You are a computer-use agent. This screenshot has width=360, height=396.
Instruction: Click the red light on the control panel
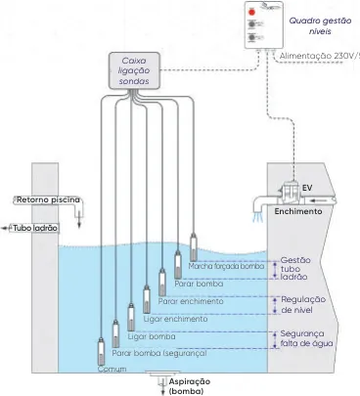[251, 13]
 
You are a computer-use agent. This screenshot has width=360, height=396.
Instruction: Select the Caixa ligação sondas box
[134, 70]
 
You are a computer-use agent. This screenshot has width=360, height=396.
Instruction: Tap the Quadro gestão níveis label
[321, 26]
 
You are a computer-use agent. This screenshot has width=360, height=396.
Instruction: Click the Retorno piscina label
[48, 199]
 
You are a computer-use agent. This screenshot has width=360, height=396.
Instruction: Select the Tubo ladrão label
[35, 228]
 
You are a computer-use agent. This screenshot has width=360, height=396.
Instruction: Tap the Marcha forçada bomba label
[226, 266]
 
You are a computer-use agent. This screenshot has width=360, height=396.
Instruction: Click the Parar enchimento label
[191, 301]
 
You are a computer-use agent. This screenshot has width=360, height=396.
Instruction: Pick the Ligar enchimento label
[175, 319]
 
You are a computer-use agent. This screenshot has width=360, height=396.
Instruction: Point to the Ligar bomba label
[152, 336]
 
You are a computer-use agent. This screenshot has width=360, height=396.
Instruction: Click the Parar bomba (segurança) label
[159, 353]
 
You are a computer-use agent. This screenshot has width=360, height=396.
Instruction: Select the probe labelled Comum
[102, 352]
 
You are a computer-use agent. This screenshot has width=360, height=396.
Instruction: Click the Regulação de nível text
[303, 304]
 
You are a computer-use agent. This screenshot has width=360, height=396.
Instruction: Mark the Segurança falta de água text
[306, 338]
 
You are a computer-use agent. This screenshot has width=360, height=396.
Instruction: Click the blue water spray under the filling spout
[259, 216]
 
